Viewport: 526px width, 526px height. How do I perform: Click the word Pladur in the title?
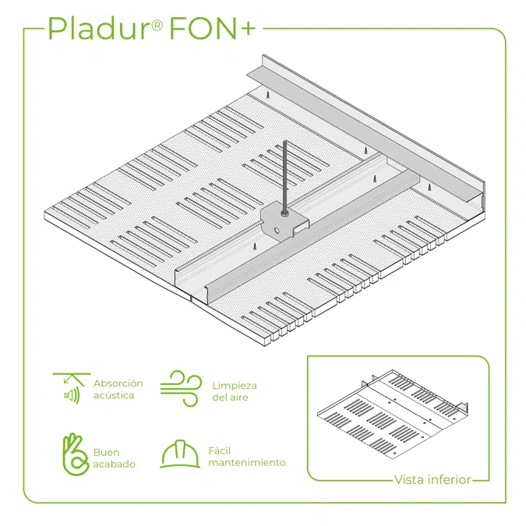93,28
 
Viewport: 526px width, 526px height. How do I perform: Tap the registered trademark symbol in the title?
157,24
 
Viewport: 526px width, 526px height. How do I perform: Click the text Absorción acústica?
118,389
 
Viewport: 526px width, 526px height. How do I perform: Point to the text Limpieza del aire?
234,392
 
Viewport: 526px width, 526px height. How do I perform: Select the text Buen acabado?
114,458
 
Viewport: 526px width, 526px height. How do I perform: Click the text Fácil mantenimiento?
246,457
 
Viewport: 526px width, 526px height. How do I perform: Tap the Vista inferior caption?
432,479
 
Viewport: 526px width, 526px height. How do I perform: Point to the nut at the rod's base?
285,212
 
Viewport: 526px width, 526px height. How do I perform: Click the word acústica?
114,395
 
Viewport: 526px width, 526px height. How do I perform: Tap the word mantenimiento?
246,463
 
